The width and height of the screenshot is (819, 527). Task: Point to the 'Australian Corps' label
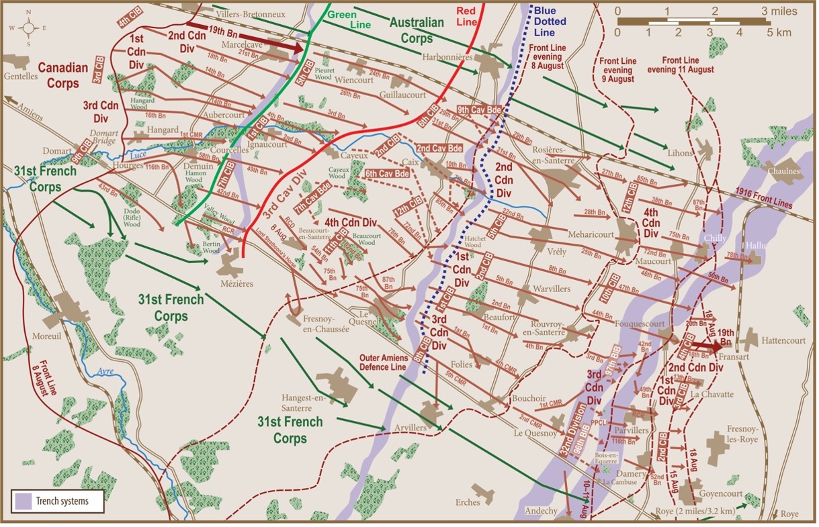417,30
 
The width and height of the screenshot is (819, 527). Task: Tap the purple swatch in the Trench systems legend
24,500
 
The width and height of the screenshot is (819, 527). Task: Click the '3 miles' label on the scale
778,11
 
